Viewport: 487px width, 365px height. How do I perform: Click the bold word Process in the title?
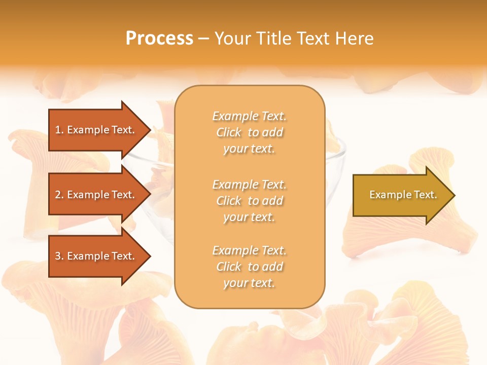[159, 39]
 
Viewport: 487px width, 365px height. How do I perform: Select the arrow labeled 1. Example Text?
[96, 130]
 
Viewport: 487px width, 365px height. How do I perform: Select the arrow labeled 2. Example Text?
[96, 195]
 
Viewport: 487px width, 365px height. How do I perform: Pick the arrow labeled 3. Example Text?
[96, 256]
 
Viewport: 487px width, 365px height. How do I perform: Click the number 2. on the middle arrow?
[59, 195]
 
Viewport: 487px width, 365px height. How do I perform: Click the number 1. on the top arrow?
[59, 130]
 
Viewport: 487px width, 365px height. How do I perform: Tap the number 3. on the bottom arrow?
[59, 256]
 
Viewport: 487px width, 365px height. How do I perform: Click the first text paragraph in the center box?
[249, 132]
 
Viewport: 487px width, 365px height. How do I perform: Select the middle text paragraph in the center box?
[249, 201]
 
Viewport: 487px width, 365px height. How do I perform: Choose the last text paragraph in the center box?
[249, 267]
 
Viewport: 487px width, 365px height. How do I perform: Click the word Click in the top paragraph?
[229, 132]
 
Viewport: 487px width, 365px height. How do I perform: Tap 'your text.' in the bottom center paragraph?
[249, 283]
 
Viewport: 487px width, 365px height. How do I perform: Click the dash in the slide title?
[203, 39]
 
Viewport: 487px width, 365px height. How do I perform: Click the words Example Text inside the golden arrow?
[403, 195]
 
